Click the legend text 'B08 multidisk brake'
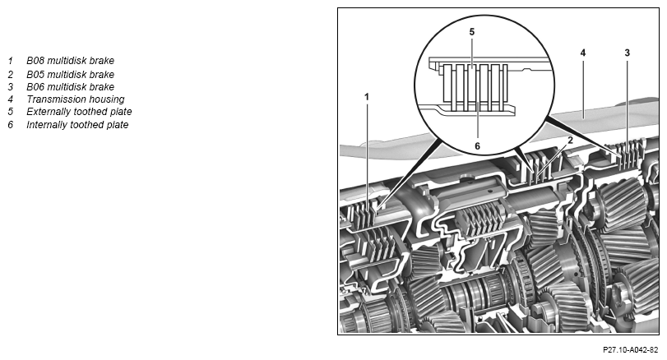click(x=70, y=61)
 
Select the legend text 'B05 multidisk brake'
click(x=70, y=74)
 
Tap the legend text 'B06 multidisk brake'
click(x=70, y=86)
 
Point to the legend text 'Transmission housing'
click(x=76, y=99)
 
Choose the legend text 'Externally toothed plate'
click(x=79, y=112)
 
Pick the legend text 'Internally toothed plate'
click(x=77, y=125)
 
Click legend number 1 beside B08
click(x=11, y=61)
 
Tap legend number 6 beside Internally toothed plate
click(x=11, y=125)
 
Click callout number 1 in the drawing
click(x=367, y=97)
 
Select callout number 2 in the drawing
click(x=571, y=141)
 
